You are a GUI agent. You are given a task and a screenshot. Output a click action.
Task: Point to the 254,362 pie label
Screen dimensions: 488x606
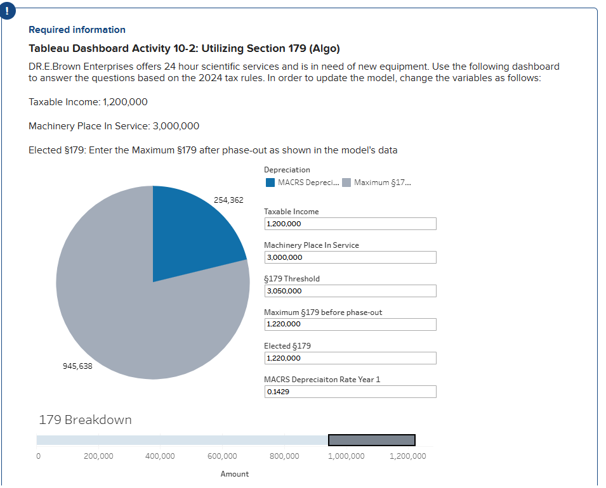(x=228, y=200)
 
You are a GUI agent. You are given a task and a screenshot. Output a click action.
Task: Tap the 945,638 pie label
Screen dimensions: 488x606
(x=77, y=366)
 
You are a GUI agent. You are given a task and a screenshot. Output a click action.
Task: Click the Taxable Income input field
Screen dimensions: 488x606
(x=350, y=224)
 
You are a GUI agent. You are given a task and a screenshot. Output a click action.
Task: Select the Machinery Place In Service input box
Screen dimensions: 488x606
(x=350, y=257)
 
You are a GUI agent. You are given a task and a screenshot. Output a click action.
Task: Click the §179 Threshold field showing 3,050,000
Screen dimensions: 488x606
(x=350, y=291)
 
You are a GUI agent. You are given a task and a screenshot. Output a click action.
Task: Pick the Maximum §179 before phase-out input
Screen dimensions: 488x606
(x=350, y=324)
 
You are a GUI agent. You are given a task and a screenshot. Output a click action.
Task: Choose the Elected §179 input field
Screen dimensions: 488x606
(x=350, y=358)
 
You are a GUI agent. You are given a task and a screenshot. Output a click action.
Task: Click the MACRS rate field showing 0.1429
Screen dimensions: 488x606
(x=350, y=392)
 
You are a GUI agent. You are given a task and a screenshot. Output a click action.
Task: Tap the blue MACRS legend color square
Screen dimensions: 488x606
(x=270, y=183)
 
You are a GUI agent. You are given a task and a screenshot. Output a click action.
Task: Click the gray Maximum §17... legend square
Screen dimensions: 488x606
(x=346, y=183)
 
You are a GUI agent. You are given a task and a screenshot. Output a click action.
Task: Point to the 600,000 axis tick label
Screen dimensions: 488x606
(x=222, y=456)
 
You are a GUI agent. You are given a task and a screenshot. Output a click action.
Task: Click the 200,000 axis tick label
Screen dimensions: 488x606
(x=98, y=456)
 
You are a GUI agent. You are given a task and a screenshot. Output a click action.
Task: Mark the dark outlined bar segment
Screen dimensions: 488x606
(x=372, y=440)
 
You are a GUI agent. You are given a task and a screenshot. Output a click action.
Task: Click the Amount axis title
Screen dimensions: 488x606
(x=235, y=474)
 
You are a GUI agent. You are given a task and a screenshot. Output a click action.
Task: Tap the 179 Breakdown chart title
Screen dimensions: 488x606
(x=86, y=420)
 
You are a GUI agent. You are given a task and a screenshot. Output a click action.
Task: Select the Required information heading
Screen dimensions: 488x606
(x=77, y=30)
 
